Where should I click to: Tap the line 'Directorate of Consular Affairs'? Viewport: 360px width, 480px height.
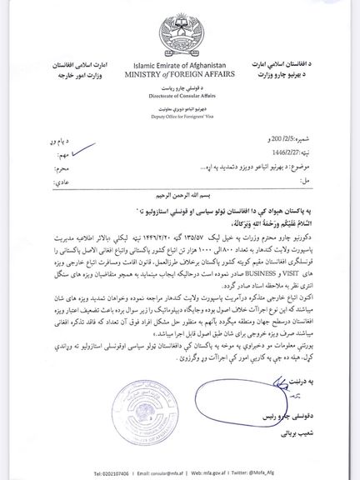pyautogui.click(x=182, y=97)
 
